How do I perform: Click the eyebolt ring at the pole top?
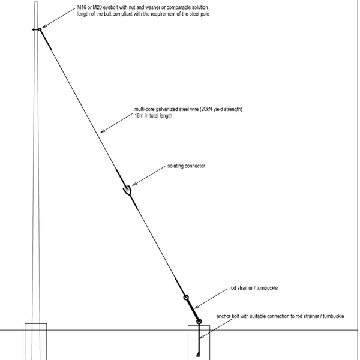pyautogui.click(x=40, y=29)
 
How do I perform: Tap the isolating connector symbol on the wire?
pyautogui.click(x=127, y=190)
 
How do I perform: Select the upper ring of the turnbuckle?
pyautogui.click(x=186, y=298)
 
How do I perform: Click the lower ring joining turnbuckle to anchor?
pyautogui.click(x=199, y=322)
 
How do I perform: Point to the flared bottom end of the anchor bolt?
pyautogui.click(x=198, y=354)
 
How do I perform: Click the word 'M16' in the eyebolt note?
pyautogui.click(x=82, y=7)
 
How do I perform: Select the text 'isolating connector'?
pyautogui.click(x=186, y=166)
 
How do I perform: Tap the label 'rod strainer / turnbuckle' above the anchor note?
pyautogui.click(x=253, y=288)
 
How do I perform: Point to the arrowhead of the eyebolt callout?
pyautogui.click(x=44, y=26)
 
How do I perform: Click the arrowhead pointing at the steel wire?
pyautogui.click(x=103, y=131)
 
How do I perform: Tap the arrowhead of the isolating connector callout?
pyautogui.click(x=134, y=184)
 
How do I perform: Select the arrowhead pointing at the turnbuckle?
pyautogui.click(x=197, y=307)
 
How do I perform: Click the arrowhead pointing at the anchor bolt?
pyautogui.click(x=202, y=337)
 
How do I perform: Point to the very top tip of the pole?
pyautogui.click(x=36, y=2)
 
